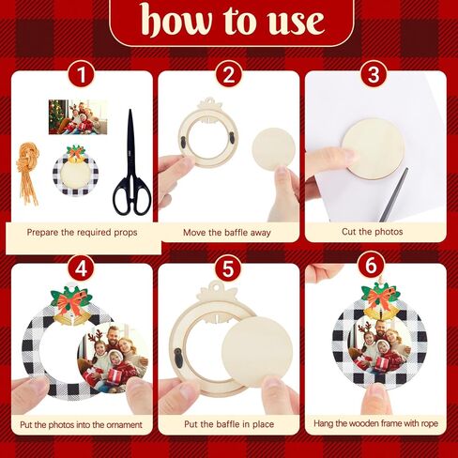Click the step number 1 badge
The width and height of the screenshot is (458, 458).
pos(81,75)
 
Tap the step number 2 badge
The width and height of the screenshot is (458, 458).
pos(228,75)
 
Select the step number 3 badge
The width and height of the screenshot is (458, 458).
pos(374,74)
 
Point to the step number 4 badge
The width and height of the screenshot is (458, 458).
pos(81,268)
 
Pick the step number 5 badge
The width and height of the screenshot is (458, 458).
pos(228,268)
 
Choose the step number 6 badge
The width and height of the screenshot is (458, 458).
pos(371,266)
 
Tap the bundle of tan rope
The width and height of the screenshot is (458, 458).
pos(27,173)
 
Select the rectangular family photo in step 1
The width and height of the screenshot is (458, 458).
pos(78,117)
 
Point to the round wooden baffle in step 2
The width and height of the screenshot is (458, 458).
pos(274,150)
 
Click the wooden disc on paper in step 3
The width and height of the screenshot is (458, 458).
pos(373,148)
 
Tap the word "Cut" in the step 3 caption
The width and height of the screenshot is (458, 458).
pos(349,232)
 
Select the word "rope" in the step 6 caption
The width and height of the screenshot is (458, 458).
pos(429,424)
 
